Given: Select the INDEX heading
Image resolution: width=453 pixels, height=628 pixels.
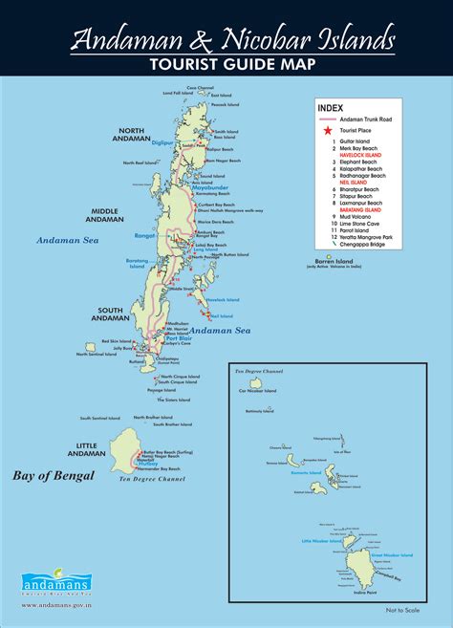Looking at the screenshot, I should click(x=330, y=108).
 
